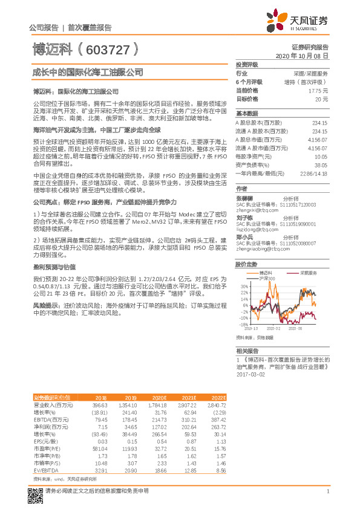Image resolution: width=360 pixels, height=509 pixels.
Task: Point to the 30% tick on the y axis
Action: click(x=244, y=287)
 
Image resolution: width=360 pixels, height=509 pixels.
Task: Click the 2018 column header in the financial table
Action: click(x=100, y=397)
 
